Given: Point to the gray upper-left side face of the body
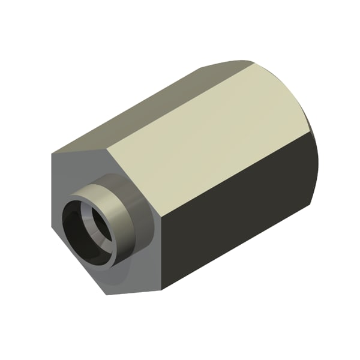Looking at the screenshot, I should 144,108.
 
